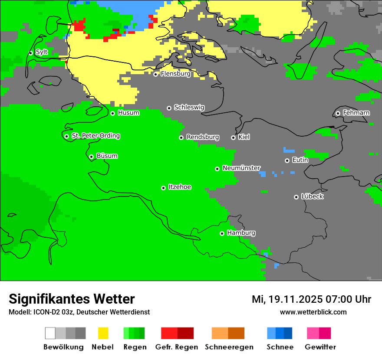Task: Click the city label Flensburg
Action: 175,74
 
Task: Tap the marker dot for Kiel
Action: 233,137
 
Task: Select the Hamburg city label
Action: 241,233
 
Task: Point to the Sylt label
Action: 42,52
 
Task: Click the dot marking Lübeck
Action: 296,197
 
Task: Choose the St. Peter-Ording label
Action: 95,136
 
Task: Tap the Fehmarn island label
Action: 356,113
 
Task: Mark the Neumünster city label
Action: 241,168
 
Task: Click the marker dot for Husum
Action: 112,113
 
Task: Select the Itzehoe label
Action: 180,187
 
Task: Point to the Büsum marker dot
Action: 91,157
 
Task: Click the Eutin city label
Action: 300,160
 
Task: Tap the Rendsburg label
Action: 203,137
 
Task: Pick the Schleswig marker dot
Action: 169,108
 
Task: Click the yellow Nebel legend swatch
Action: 103,333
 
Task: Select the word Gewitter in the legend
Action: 320,347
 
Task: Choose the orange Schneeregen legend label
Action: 229,347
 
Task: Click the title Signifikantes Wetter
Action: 72,299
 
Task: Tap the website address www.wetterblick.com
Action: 313,312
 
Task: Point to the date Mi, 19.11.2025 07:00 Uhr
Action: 311,299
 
